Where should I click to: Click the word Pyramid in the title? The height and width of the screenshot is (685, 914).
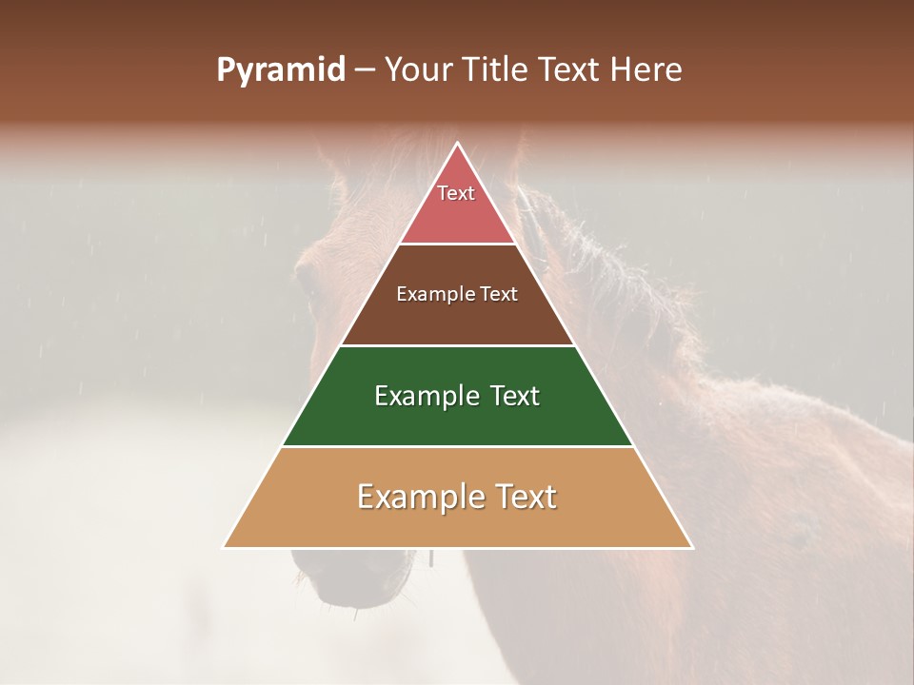click(280, 70)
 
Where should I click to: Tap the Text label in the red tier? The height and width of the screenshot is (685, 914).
click(456, 193)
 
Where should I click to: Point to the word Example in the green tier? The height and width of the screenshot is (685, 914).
click(426, 396)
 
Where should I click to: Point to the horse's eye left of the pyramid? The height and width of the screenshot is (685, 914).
click(308, 277)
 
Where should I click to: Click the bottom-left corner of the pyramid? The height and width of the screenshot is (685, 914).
click(225, 547)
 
